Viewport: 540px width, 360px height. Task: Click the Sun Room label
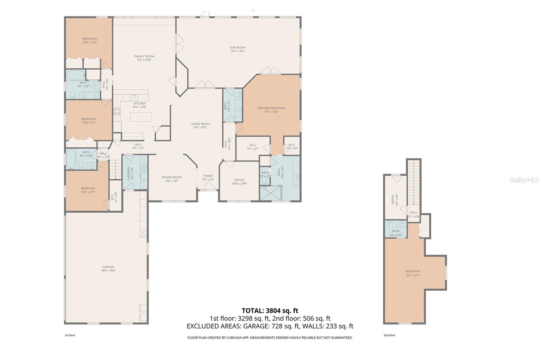238,49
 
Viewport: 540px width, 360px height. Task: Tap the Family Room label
144,58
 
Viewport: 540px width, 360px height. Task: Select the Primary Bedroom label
271,110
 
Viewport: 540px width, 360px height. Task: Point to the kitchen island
140,117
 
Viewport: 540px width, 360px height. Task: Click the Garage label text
108,268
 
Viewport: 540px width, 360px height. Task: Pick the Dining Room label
172,179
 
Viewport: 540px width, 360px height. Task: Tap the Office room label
239,182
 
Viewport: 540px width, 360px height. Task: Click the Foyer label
208,177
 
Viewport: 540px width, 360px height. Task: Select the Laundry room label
129,173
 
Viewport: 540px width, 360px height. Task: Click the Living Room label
200,126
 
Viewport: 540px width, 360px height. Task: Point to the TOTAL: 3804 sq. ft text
270,311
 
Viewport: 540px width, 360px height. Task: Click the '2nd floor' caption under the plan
389,335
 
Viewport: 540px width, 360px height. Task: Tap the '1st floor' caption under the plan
70,335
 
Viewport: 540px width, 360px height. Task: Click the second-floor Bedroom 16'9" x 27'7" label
413,273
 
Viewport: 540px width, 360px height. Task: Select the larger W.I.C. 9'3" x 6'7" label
253,147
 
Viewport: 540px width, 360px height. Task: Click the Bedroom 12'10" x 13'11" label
89,41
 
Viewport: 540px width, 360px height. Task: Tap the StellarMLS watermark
524,180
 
